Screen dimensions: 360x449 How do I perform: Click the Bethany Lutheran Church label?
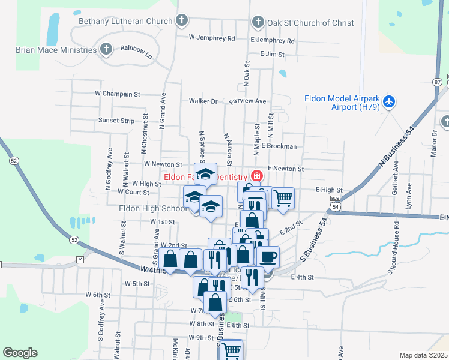126,22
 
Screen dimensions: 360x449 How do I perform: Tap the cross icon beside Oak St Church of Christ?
258,23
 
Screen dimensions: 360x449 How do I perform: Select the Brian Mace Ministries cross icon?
106,49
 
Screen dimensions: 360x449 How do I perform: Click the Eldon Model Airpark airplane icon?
389,102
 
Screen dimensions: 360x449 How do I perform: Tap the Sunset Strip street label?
116,121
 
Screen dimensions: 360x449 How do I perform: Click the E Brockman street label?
279,146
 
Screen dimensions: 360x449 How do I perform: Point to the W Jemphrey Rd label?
211,38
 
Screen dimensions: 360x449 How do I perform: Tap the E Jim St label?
271,54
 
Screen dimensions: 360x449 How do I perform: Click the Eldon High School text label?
153,209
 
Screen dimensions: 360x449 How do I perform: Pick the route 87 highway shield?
437,82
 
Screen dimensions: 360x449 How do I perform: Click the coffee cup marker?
268,256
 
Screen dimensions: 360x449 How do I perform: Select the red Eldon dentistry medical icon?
257,176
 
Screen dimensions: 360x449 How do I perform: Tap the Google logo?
20,353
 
